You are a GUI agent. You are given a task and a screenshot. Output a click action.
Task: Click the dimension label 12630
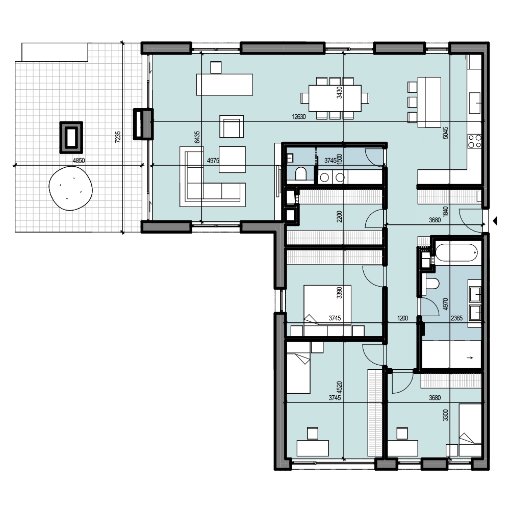pos(298,117)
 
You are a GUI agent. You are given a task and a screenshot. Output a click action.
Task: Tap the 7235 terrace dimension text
pos(118,137)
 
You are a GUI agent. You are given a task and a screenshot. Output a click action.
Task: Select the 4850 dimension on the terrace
pos(79,160)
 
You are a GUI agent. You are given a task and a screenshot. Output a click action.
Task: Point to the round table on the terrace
pos(70,188)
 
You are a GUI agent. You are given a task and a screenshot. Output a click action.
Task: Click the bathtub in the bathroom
pos(456,253)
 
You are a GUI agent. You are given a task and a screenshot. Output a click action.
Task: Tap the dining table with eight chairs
pos(335,98)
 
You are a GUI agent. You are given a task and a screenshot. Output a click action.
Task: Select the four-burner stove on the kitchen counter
pos(474,141)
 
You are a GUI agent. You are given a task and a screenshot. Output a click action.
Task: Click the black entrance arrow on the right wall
pos(495,221)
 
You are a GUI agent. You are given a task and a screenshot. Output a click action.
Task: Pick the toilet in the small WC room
pos(301,174)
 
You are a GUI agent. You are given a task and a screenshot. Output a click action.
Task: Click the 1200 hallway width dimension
pos(402,318)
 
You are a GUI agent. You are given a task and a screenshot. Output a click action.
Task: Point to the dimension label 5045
pos(446,133)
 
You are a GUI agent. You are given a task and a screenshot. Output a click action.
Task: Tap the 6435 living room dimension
pos(197,137)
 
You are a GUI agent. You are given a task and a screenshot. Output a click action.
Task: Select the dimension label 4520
pos(339,387)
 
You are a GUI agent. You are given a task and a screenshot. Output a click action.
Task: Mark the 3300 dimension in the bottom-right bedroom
pos(446,415)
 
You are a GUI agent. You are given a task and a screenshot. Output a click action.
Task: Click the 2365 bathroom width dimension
pos(456,318)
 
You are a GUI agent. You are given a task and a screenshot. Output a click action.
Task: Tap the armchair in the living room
pos(232,126)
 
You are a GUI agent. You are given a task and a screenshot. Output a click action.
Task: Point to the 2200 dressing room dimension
pos(339,216)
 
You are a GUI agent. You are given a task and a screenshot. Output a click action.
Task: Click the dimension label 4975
pos(213,160)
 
